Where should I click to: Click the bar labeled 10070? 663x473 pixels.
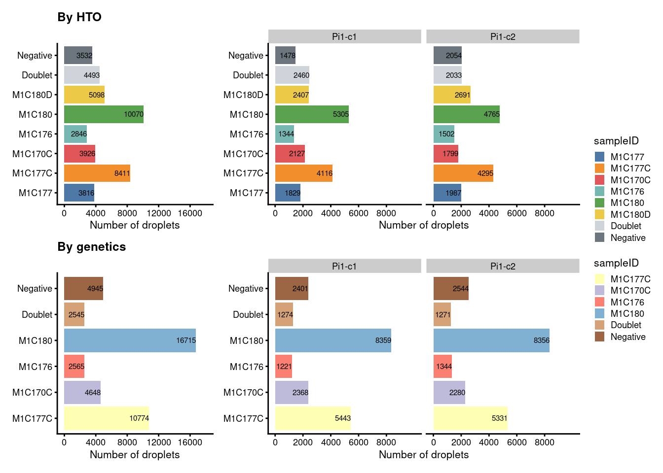[x=104, y=114]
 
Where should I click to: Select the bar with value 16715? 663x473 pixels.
[x=130, y=340]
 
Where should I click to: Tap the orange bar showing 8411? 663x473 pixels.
[x=97, y=173]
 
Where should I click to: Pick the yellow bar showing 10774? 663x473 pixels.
[x=106, y=418]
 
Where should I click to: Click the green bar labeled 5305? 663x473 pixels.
[x=312, y=114]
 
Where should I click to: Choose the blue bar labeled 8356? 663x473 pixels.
[x=491, y=340]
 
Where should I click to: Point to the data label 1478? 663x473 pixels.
[x=288, y=56]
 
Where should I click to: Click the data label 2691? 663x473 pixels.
[x=462, y=95]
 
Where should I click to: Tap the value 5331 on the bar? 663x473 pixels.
[x=499, y=418]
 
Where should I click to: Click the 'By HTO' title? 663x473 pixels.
[x=79, y=17]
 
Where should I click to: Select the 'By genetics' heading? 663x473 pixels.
[x=92, y=247]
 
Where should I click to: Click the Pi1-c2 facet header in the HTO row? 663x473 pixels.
[x=503, y=37]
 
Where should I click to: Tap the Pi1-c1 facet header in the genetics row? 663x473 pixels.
[x=344, y=267]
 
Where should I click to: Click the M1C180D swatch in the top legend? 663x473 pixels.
[x=599, y=214]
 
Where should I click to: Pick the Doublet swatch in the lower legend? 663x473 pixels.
[x=599, y=325]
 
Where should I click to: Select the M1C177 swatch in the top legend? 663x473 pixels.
[x=599, y=157]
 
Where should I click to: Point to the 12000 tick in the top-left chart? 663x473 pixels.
[x=159, y=213]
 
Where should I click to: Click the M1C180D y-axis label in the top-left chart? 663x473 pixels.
[x=32, y=95]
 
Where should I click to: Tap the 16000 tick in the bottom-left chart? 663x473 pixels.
[x=190, y=442]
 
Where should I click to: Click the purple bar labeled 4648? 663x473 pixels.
[x=82, y=393]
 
